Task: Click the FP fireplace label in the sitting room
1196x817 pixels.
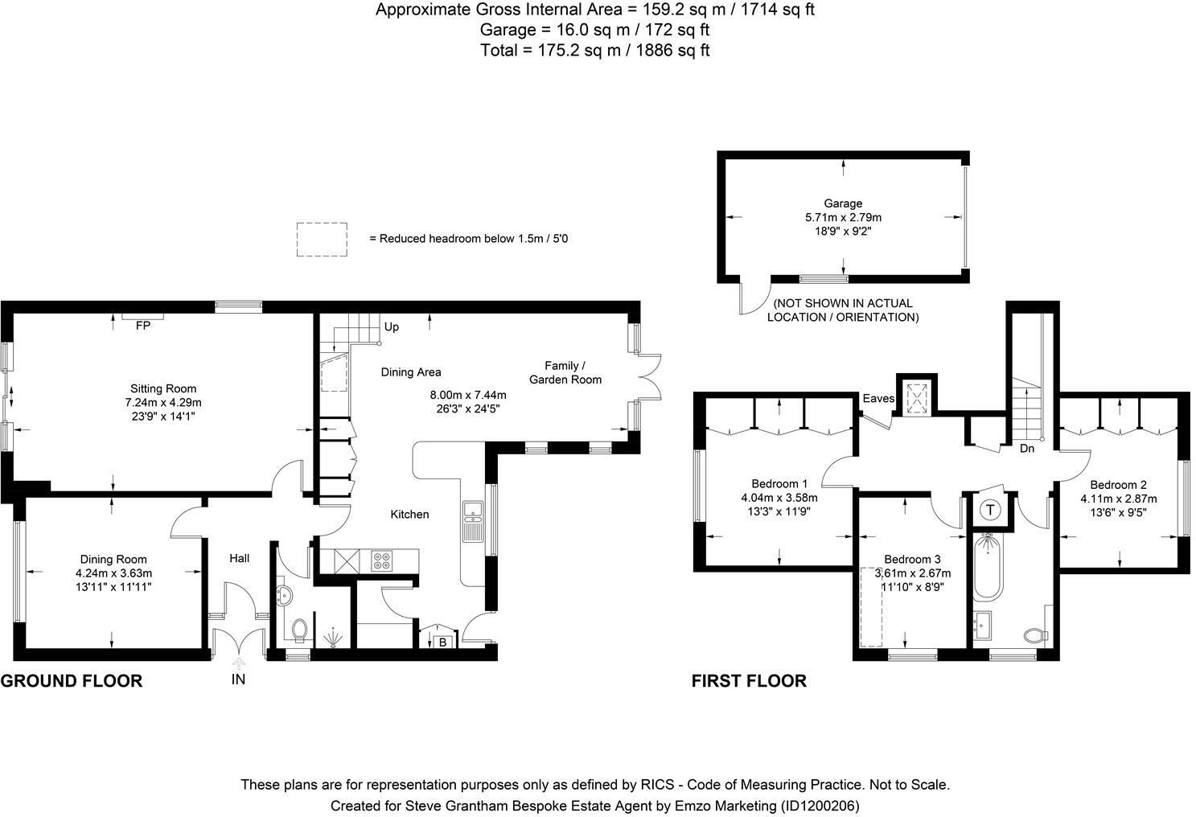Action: point(143,325)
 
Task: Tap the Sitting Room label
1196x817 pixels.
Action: point(163,388)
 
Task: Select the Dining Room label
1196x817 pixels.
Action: point(113,559)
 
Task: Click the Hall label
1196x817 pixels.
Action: point(239,558)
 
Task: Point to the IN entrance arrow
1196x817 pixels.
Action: point(239,663)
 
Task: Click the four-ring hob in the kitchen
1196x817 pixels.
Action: point(382,560)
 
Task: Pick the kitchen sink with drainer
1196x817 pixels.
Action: point(472,521)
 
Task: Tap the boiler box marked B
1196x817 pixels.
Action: point(442,643)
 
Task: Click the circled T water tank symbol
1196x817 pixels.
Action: point(990,510)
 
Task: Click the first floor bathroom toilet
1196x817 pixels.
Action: point(1036,635)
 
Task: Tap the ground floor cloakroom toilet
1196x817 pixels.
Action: point(300,630)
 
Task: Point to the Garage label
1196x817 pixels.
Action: point(843,203)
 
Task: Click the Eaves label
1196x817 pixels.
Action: point(878,398)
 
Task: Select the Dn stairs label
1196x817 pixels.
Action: point(1027,448)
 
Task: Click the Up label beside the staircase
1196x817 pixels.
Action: point(392,326)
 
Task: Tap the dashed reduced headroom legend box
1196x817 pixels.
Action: point(322,224)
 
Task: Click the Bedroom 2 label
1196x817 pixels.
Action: point(1118,485)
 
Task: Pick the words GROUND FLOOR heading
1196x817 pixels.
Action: point(72,681)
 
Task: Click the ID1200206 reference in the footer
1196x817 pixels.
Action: point(820,805)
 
